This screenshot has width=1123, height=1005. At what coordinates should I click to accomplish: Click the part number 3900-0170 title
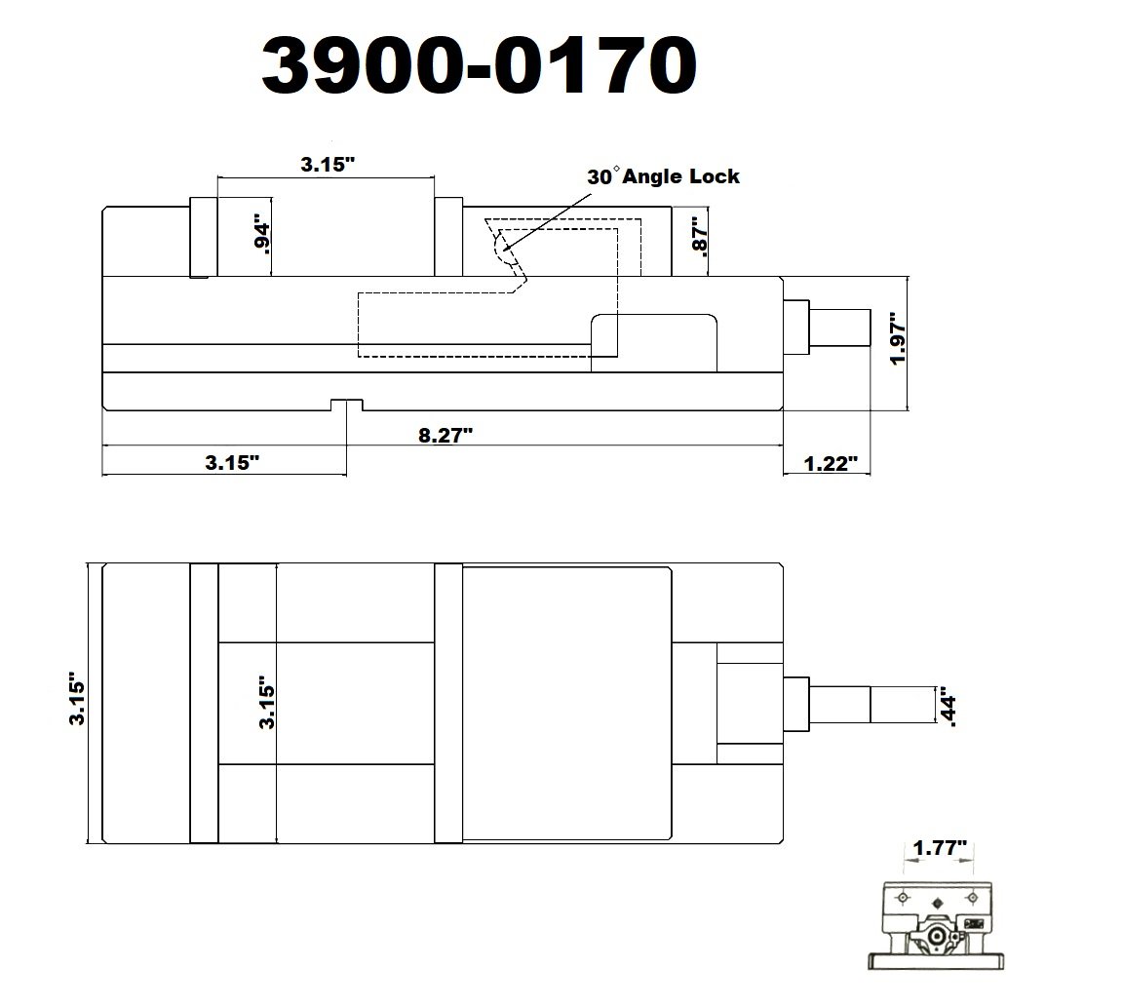pos(478,67)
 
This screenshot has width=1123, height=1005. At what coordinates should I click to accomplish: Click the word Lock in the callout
pos(716,176)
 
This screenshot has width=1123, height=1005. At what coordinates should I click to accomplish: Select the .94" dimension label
pos(260,234)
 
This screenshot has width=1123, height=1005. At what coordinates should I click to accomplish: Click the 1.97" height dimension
pos(899,338)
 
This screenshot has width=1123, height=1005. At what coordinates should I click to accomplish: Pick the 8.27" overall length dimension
pos(445,434)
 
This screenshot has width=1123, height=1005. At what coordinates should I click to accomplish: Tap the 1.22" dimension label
pos(831,463)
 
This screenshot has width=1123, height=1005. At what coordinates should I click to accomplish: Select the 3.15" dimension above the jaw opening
pos(325,165)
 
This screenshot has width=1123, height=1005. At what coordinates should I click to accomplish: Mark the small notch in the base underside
pos(346,405)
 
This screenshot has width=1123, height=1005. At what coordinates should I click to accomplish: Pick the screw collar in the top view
pos(796,704)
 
